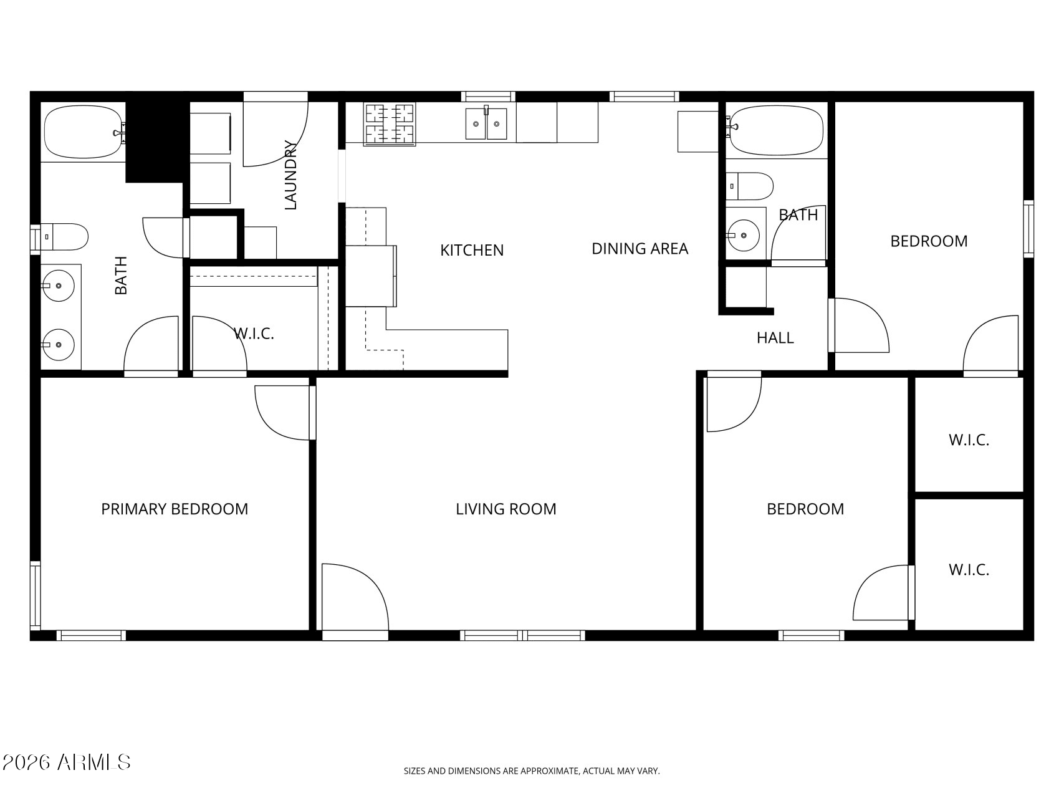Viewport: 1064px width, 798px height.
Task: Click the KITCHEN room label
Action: pyautogui.click(x=472, y=250)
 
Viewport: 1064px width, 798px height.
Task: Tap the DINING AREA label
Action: pyautogui.click(x=640, y=249)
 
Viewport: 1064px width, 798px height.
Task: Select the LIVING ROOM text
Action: pyautogui.click(x=506, y=509)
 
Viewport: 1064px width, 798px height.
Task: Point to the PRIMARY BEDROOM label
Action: pyautogui.click(x=175, y=509)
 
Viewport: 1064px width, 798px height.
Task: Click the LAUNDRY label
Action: pyautogui.click(x=290, y=175)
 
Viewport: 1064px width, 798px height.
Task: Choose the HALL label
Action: pyautogui.click(x=775, y=338)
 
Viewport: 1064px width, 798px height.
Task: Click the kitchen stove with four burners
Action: pyautogui.click(x=390, y=124)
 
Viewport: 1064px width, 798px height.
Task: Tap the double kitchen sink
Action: pyautogui.click(x=486, y=123)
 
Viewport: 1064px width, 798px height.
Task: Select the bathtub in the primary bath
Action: pyautogui.click(x=85, y=132)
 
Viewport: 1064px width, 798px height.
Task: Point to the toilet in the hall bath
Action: pyautogui.click(x=749, y=186)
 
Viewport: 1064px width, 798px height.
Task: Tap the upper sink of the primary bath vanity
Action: pyautogui.click(x=58, y=286)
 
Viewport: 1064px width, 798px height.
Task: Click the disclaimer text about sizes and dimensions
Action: pyautogui.click(x=532, y=771)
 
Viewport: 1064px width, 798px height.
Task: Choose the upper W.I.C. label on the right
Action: pyautogui.click(x=969, y=440)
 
